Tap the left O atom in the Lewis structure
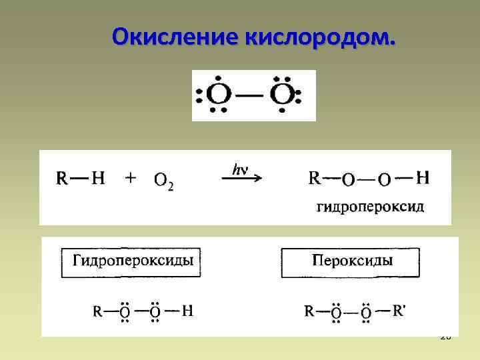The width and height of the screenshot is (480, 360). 217,95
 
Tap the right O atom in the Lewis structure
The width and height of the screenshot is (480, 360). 282,95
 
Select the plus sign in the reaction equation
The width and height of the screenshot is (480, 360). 131,178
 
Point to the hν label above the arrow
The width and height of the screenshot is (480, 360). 240,169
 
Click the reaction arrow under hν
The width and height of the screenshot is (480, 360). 241,179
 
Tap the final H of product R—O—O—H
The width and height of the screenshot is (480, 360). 422,178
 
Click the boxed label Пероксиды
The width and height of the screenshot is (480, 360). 351,260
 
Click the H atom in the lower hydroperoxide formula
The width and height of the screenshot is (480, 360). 188,311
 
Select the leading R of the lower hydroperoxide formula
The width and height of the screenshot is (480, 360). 97,311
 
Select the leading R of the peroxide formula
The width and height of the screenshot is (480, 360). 310,311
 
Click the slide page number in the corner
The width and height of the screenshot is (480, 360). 445,337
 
